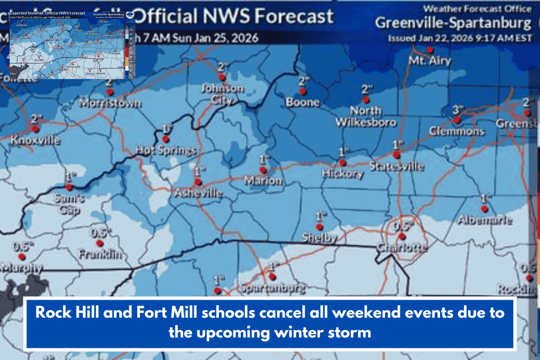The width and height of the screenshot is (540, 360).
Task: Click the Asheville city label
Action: coord(198,193)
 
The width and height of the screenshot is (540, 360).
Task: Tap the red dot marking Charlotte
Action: coord(402,236)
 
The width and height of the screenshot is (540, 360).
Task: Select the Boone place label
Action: coord(302,102)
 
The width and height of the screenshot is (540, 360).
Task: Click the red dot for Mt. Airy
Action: coord(430,49)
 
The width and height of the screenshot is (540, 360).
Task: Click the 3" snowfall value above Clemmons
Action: coord(458,109)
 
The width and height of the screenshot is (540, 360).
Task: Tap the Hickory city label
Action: coord(342,173)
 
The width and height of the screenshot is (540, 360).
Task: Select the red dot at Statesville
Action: coord(396,155)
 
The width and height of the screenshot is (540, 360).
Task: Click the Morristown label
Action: coord(110,103)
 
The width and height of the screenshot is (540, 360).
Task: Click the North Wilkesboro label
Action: coord(366,116)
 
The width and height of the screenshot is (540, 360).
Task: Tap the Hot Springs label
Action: coord(166,150)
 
